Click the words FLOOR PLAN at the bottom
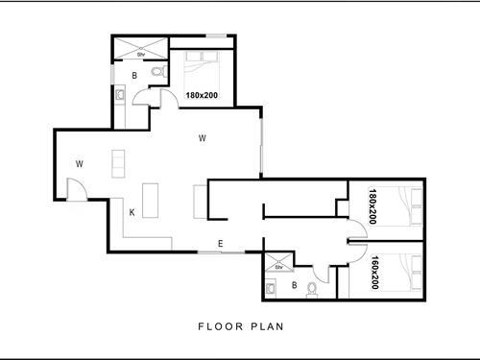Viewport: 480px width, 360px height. click(x=240, y=326)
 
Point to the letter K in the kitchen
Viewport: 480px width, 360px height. click(x=132, y=212)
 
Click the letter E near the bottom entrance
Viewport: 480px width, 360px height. click(x=220, y=244)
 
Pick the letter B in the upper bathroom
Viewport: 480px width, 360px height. click(x=134, y=74)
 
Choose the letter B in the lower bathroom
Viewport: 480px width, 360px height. click(x=294, y=285)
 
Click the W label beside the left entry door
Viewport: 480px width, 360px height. click(x=80, y=164)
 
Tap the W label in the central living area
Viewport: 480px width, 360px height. click(x=202, y=139)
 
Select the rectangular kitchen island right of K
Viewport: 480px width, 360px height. click(x=151, y=196)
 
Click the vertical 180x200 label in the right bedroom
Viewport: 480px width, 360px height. click(x=371, y=205)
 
